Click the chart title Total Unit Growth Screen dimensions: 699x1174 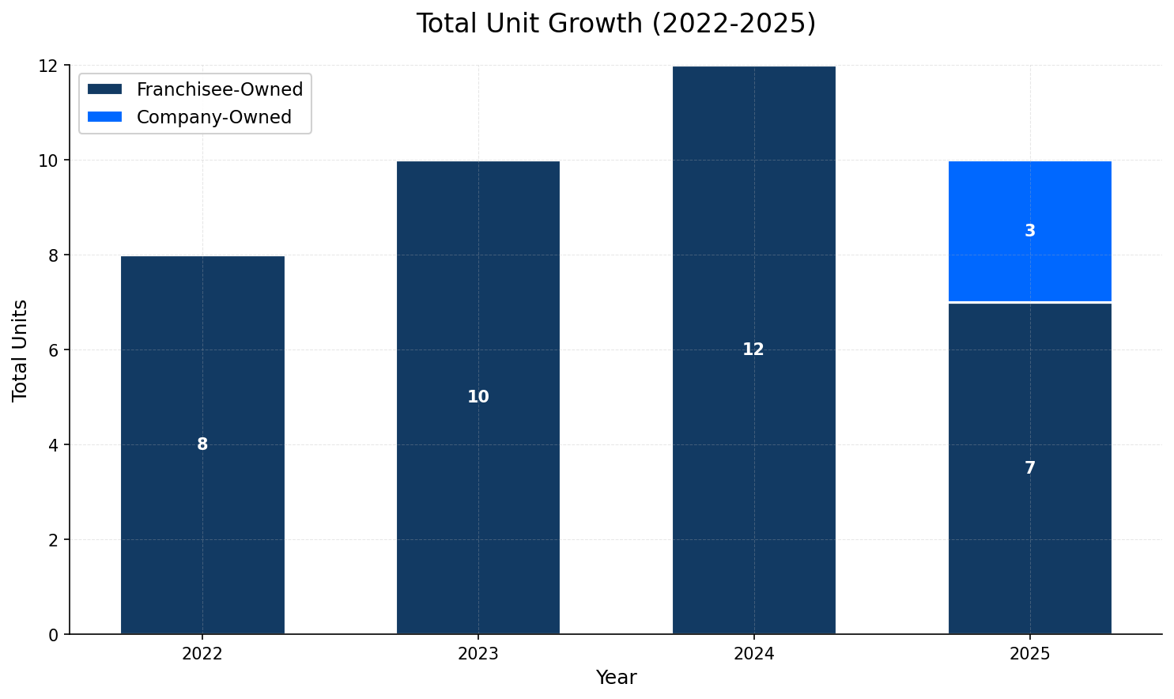(616, 24)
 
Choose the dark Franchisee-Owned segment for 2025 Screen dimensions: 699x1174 (1029, 538)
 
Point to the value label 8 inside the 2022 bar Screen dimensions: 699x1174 (202, 444)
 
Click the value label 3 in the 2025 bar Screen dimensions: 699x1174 (1029, 231)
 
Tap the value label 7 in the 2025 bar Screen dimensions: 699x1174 (1029, 468)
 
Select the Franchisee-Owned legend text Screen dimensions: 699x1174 (219, 89)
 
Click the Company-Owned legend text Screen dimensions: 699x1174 (213, 117)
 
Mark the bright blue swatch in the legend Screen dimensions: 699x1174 (104, 117)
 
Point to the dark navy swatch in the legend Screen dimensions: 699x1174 (104, 89)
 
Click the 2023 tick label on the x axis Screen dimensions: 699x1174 (478, 654)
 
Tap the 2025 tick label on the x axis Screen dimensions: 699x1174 (1029, 654)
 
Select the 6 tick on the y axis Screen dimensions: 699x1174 (53, 350)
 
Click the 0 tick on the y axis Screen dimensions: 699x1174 (53, 635)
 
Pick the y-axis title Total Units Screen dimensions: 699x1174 (21, 349)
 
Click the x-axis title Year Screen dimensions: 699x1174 (616, 678)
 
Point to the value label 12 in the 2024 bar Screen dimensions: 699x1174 (753, 349)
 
